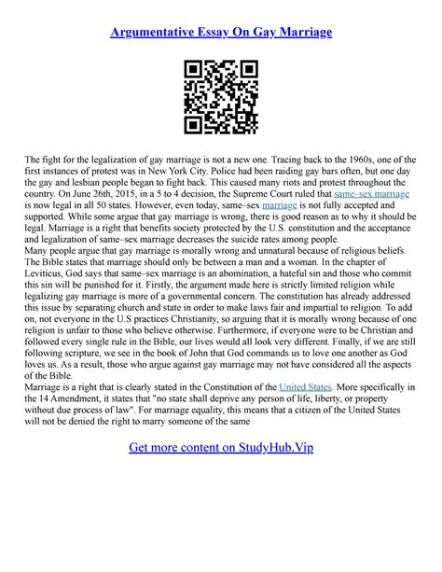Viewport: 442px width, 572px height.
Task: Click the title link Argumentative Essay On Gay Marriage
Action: pyautogui.click(x=221, y=33)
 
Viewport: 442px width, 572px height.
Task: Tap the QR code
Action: pyautogui.click(x=220, y=97)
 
